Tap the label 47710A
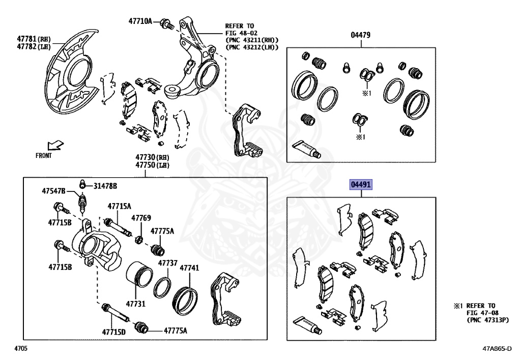pos(140,21)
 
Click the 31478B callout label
pos(105,186)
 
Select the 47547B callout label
pos(54,191)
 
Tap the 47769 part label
pos(141,218)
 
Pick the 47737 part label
pos(167,263)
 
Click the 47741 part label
pos(189,267)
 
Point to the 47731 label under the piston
pos(136,304)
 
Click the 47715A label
pos(119,206)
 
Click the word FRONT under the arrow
pos(44,156)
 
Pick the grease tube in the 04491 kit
pos(307,322)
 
